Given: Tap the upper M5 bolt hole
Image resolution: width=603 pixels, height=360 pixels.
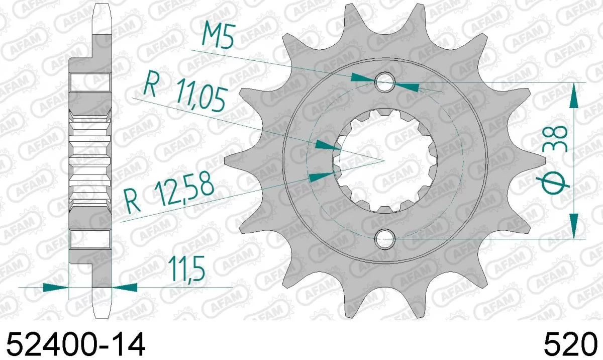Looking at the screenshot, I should [x=385, y=83].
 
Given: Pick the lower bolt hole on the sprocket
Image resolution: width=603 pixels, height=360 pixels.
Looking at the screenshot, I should [x=385, y=238].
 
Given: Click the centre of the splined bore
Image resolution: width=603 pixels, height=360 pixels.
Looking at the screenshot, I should [x=384, y=160].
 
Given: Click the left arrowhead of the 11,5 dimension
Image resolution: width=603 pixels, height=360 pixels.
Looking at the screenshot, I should [x=55, y=287].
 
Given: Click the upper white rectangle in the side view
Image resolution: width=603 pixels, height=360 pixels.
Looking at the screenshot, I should [x=90, y=82].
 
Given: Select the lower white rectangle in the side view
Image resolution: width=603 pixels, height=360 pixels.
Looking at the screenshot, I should [x=90, y=239].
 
